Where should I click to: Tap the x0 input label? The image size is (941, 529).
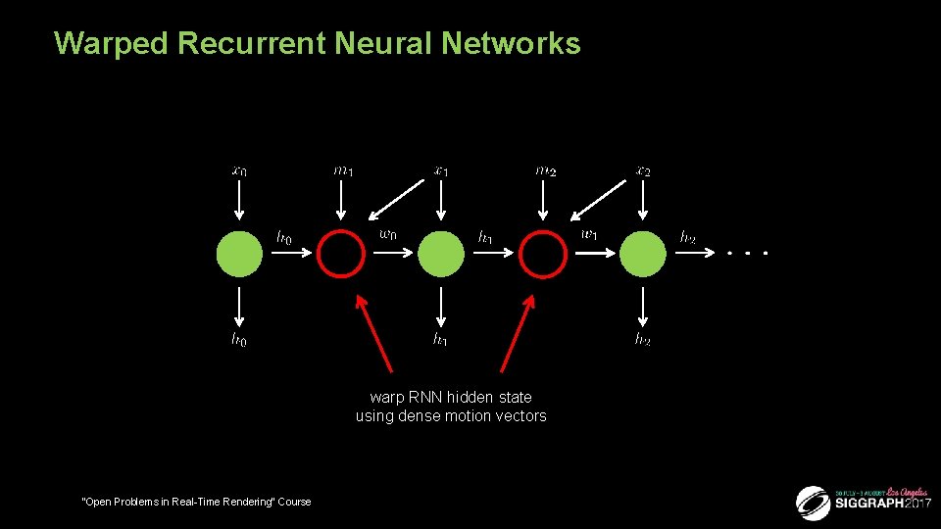239,170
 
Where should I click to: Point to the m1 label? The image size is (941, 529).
342,170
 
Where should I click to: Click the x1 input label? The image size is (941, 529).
441,170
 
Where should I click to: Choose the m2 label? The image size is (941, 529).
544,170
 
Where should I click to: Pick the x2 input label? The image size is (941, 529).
643,170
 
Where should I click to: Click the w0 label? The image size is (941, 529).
388,234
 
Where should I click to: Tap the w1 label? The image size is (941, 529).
590,234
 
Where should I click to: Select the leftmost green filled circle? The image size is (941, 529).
239,254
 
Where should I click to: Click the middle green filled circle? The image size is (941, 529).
441,254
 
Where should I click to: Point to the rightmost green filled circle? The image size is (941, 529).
643,254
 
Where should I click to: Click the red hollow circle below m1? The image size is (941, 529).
341,254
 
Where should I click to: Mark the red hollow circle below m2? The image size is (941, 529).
543,254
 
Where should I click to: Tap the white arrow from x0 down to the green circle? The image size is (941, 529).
239,204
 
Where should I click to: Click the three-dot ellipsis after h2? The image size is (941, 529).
748,254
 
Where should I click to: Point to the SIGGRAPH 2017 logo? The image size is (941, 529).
863,502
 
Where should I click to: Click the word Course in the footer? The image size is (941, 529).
293,502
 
